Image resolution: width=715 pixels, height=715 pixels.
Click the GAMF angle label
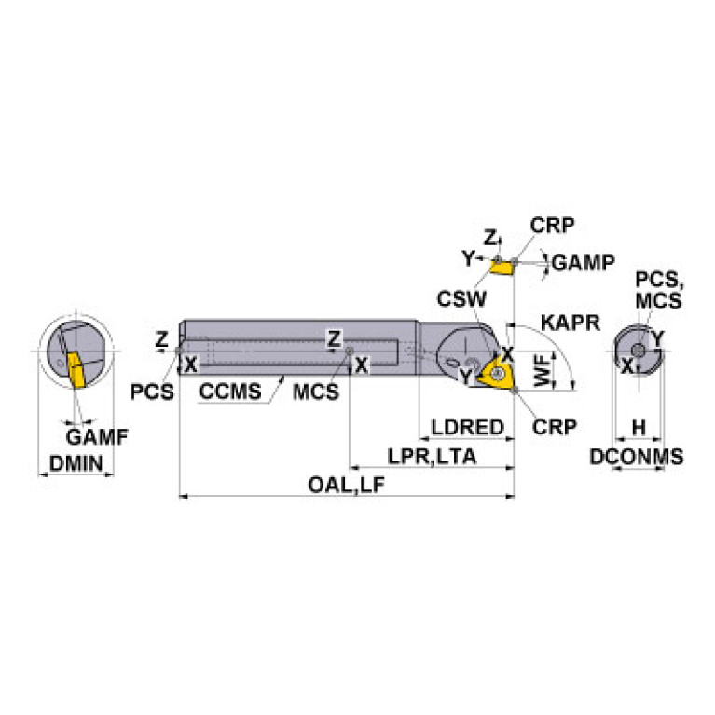97,437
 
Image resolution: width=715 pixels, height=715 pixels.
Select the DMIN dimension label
76,463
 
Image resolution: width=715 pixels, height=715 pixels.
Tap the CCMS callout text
230,392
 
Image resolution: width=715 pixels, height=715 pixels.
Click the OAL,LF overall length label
347,485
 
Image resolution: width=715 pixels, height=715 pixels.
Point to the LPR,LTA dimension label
432,457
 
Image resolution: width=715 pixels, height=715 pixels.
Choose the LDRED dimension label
467,427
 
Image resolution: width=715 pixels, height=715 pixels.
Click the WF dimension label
543,370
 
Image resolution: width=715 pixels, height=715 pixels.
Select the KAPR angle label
571,323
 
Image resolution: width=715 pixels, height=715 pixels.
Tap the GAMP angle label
584,263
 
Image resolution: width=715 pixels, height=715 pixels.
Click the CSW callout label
461,299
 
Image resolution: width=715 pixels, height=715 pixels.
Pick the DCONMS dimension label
637,457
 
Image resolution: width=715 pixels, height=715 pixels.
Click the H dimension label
639,428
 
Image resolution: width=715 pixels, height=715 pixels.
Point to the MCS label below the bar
316,392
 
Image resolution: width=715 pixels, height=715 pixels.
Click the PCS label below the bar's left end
152,392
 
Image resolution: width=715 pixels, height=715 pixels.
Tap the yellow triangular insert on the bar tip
498,373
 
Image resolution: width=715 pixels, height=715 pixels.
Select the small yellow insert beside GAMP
501,268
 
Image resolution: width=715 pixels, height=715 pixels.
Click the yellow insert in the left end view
76,370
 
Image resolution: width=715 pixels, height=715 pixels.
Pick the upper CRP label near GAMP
552,225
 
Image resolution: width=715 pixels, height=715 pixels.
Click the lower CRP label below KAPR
555,427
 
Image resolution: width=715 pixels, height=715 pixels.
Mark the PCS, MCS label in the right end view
658,290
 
